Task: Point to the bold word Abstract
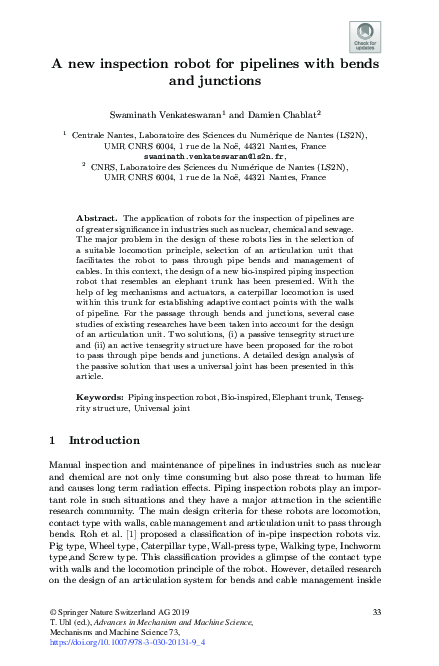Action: pyautogui.click(x=96, y=217)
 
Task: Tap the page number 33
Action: pyautogui.click(x=377, y=611)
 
